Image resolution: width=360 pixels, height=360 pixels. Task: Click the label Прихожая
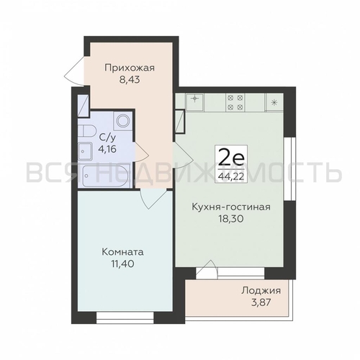130,68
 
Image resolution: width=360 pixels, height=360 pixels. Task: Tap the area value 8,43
130,80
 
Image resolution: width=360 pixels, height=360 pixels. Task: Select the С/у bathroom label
108,138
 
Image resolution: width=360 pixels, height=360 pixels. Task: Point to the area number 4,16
107,149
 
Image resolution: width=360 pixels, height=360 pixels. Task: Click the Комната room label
123,252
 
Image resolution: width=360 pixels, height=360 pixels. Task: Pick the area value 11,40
122,264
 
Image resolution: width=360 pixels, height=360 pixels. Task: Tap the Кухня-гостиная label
231,207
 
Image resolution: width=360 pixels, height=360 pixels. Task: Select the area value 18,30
231,218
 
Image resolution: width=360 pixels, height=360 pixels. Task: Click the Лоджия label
261,291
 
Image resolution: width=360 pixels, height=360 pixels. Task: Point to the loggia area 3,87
261,302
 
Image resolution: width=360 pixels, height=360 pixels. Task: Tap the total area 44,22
231,176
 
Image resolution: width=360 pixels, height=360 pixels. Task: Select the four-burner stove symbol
235,102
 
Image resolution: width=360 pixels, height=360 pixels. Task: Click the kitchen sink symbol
195,102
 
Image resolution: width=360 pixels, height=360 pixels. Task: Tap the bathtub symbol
105,176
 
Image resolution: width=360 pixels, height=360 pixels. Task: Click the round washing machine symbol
123,121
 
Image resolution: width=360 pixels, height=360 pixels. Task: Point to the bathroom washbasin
85,151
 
